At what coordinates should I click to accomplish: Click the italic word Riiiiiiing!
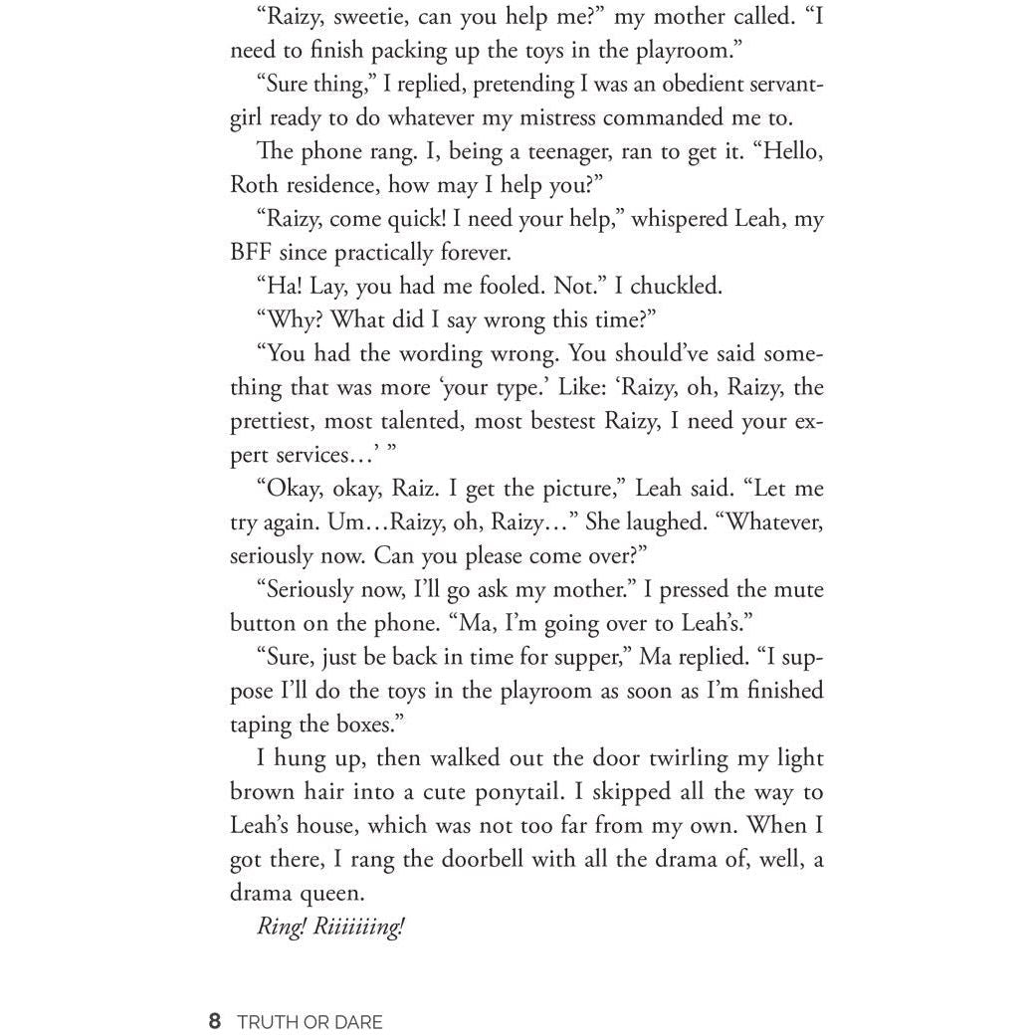(359, 928)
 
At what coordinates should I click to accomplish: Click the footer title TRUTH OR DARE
(310, 1022)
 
